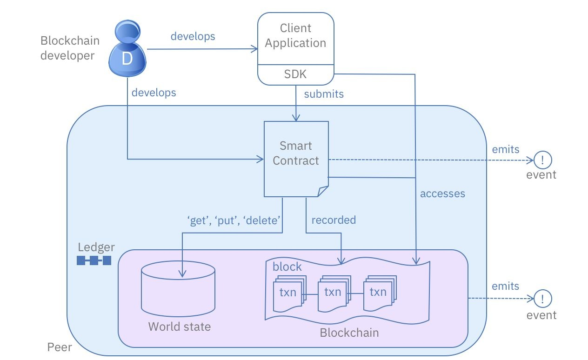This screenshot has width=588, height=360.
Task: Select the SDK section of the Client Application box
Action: pyautogui.click(x=295, y=74)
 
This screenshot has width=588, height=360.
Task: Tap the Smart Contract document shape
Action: pyautogui.click(x=296, y=158)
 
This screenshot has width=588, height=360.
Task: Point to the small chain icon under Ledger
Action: pyautogui.click(x=94, y=260)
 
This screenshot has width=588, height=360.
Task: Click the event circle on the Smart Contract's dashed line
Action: pyautogui.click(x=542, y=160)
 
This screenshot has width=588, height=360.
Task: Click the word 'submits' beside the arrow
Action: pyautogui.click(x=324, y=94)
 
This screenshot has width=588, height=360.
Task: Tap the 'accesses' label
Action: pyautogui.click(x=442, y=193)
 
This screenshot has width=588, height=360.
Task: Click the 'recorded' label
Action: pyautogui.click(x=334, y=220)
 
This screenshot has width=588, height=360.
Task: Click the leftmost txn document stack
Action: pyautogui.click(x=288, y=293)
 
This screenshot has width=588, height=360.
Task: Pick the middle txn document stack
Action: pyautogui.click(x=333, y=293)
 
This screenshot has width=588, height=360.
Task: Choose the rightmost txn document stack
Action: pyautogui.click(x=378, y=293)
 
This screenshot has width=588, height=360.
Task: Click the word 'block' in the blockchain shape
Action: pyautogui.click(x=287, y=267)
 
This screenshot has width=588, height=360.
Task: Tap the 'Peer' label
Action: pyautogui.click(x=60, y=347)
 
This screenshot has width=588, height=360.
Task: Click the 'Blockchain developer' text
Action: pyautogui.click(x=70, y=48)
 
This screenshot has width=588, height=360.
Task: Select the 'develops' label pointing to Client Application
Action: pyautogui.click(x=193, y=36)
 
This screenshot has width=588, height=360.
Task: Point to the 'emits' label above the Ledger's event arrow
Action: pyautogui.click(x=505, y=286)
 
